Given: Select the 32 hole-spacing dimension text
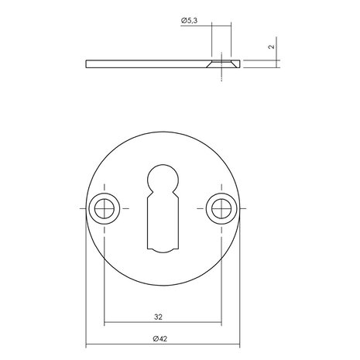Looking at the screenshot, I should click(157, 317).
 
